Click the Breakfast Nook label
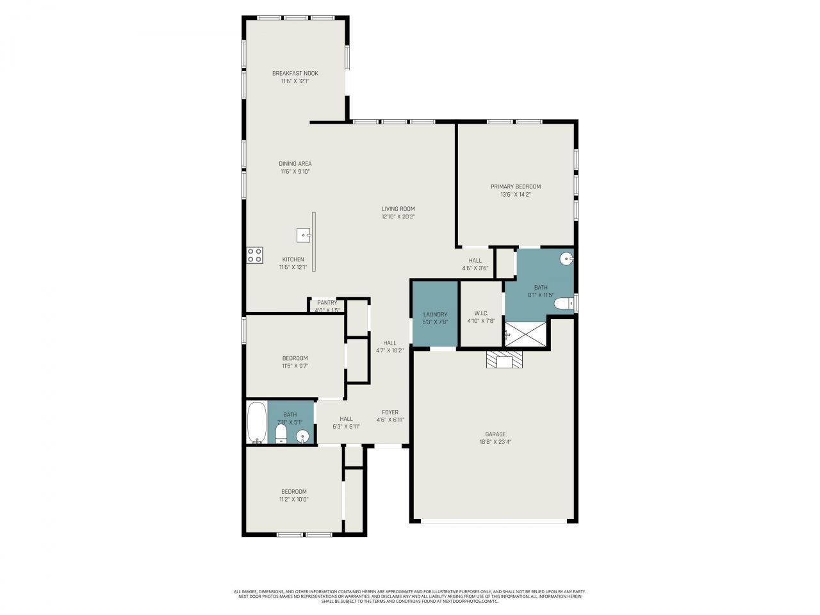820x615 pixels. point(295,73)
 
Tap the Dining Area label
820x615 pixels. point(295,163)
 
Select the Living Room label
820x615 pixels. point(398,208)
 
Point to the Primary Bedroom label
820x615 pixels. point(516,186)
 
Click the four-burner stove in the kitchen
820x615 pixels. point(255,255)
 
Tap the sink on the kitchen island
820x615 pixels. point(304,235)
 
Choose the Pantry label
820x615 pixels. point(327,302)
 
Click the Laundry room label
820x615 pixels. point(435,314)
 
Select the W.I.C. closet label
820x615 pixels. point(481,313)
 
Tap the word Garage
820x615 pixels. point(495,434)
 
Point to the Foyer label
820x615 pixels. point(390,412)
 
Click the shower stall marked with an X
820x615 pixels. point(527,334)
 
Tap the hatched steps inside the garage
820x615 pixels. point(505,361)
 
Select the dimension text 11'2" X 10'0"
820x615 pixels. point(294,500)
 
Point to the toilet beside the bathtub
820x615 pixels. point(281,435)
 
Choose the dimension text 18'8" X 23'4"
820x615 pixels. point(495,441)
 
